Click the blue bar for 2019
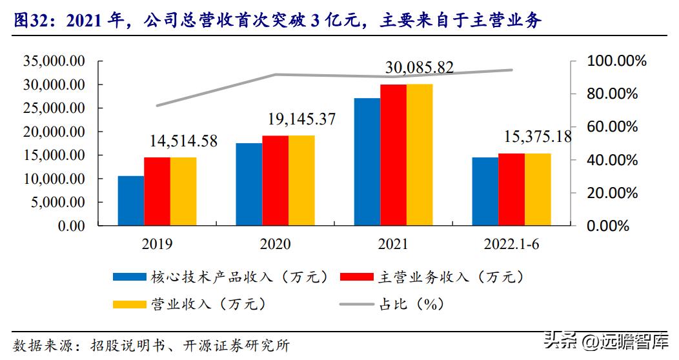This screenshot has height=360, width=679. [130, 201]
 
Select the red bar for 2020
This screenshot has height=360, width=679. [275, 181]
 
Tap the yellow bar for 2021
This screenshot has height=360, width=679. [420, 155]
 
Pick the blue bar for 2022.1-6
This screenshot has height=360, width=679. [485, 192]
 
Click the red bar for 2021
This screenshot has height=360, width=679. [393, 155]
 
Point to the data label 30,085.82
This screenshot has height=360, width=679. [419, 67]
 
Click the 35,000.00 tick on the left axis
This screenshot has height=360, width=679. [54, 61]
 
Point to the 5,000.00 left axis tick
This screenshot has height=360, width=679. [57, 202]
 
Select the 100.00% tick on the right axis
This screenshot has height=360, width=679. [616, 61]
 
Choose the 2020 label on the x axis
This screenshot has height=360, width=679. [275, 245]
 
